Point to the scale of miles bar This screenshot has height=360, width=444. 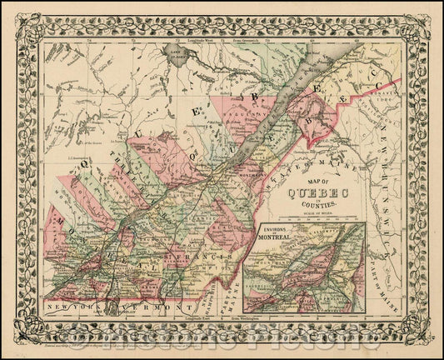pos(312,217)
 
